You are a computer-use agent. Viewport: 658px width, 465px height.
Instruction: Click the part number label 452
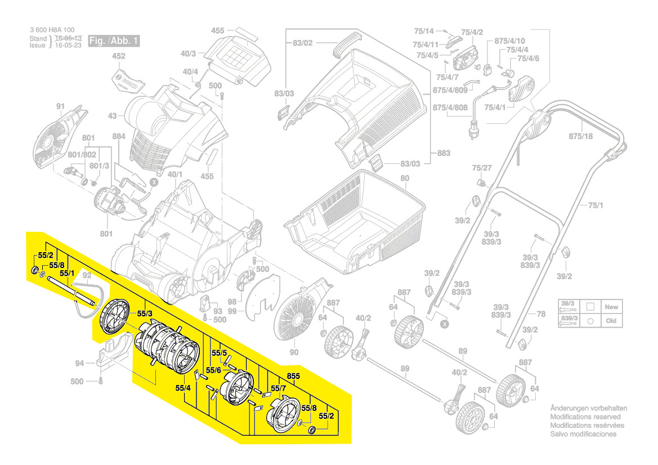118,56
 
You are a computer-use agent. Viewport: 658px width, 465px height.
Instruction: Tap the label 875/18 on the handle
580,137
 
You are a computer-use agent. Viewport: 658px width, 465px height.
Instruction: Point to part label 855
293,375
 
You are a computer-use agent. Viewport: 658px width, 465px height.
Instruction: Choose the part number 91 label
60,106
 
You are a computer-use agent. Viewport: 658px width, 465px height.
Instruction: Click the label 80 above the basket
405,179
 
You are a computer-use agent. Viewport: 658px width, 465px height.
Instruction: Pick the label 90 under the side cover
293,352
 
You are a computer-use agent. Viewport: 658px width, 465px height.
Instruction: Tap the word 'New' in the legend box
611,307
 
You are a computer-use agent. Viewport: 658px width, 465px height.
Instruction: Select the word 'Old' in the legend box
611,320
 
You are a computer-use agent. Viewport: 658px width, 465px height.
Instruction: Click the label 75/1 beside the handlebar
596,205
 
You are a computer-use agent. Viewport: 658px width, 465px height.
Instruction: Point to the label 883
444,153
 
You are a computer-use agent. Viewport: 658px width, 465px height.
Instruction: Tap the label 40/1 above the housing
174,175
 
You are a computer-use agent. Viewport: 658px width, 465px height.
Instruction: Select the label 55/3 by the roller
145,313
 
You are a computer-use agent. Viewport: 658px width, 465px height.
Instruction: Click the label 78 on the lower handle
540,314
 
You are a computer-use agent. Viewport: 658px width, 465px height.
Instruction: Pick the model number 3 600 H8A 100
51,30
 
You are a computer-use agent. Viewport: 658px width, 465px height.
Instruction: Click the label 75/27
482,168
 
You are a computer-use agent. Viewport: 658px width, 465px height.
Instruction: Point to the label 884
118,136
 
